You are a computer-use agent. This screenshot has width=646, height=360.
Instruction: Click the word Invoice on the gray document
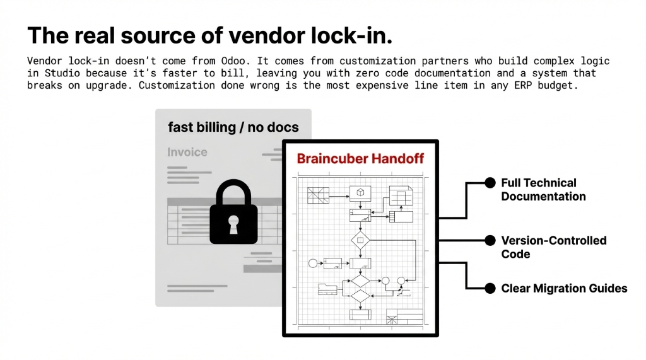click(187, 152)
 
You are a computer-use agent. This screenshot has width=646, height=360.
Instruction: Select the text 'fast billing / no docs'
click(233, 127)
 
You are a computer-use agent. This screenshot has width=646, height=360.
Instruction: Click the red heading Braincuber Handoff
click(360, 159)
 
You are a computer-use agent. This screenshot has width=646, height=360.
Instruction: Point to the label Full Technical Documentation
click(543, 190)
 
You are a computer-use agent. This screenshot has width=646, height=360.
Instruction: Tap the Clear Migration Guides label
click(564, 288)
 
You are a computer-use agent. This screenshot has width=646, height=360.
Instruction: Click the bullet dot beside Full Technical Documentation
click(490, 183)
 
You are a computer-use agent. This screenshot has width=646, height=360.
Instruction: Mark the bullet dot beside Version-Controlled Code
click(490, 240)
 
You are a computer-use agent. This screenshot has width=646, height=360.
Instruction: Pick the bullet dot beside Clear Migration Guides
click(490, 288)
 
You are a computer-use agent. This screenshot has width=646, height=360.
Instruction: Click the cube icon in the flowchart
click(360, 192)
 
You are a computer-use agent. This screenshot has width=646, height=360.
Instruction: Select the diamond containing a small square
click(360, 240)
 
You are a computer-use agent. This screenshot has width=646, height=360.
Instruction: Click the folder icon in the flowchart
click(327, 289)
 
